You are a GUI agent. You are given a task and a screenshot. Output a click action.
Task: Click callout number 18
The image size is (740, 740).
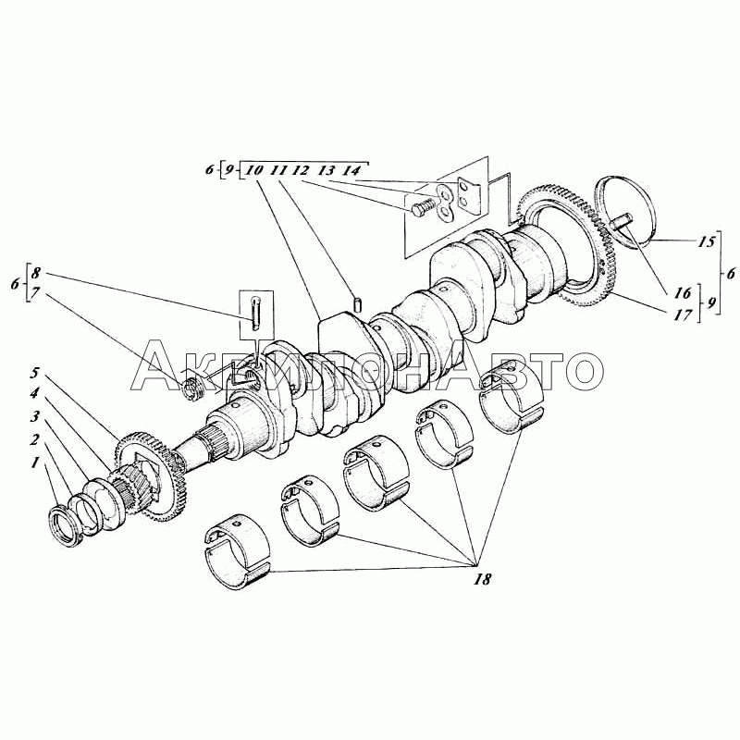(x=482, y=579)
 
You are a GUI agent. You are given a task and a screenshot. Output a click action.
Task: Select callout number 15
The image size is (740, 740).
(x=707, y=242)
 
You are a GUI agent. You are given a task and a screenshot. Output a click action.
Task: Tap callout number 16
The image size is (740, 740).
(x=683, y=293)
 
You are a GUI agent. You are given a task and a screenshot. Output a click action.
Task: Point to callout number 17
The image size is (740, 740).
(x=683, y=314)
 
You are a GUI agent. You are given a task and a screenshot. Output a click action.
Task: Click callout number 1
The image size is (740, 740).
(x=34, y=463)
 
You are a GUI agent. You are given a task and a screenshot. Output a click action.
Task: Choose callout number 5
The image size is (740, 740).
(x=34, y=374)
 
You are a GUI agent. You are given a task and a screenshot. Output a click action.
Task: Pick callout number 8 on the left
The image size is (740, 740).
(x=36, y=273)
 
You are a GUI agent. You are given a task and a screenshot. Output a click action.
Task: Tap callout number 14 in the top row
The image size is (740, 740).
(x=351, y=170)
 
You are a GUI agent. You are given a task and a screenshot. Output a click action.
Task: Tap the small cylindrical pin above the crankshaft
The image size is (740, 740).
(x=358, y=304)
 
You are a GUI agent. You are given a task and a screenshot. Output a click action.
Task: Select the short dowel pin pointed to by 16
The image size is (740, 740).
(x=622, y=221)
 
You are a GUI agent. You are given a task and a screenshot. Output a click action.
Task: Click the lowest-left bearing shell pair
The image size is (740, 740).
(x=238, y=551)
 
